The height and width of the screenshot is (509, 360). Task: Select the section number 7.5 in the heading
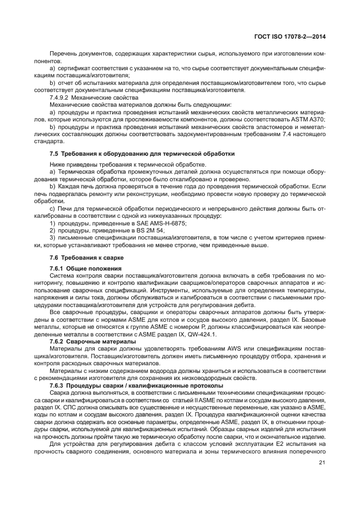(x=53, y=154)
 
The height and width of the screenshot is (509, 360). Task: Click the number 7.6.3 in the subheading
(x=58, y=385)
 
